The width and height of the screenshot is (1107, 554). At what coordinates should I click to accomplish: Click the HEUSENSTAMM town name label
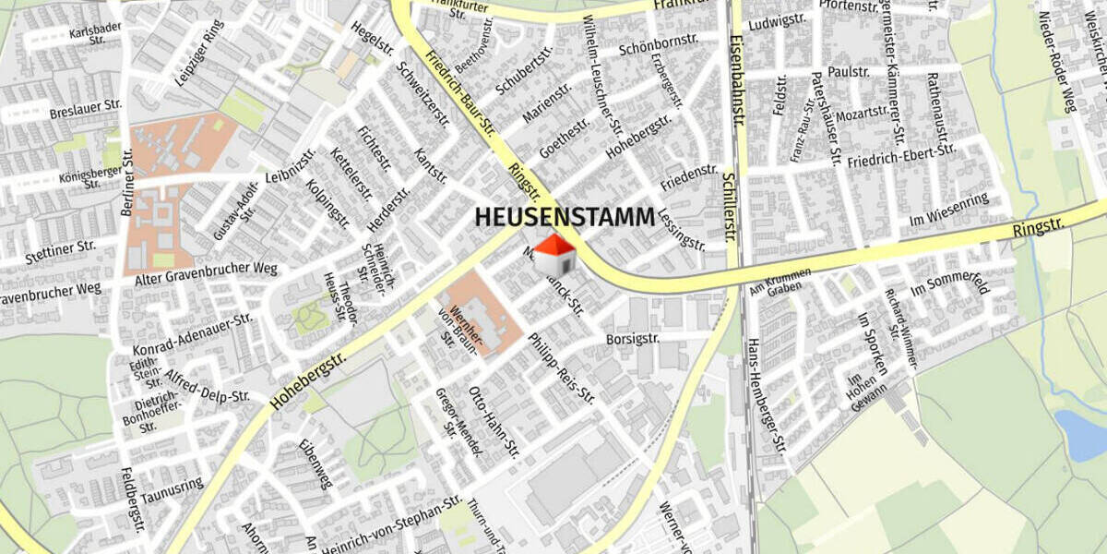coord(565,217)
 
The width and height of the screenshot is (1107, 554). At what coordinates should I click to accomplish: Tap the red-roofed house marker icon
coord(554,255)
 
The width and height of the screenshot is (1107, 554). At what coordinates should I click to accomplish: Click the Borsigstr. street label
coord(633,339)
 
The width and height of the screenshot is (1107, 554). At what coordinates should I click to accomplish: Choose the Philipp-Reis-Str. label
coord(561,367)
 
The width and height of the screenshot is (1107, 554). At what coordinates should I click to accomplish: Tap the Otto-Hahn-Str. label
coord(494,421)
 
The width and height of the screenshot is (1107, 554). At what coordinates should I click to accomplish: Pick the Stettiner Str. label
coord(61,247)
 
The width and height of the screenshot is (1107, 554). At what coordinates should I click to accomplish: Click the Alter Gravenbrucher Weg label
coord(206,269)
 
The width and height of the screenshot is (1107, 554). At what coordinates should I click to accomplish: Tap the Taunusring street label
coord(173,485)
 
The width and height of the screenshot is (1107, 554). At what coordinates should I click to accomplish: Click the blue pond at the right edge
coord(1082,434)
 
